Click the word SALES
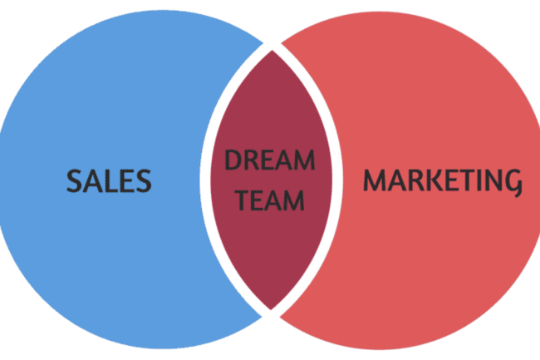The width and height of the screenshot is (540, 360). point(109,180)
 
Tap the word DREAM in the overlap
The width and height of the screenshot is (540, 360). point(270,160)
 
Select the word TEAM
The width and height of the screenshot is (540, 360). point(271,200)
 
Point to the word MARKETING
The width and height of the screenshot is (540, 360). point(443,181)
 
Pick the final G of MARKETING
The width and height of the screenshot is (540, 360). point(513,183)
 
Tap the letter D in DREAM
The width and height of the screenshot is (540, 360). point(233,160)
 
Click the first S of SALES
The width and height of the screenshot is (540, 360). point(74,180)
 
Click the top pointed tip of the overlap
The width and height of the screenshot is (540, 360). point(272,50)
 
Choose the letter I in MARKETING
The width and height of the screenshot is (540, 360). point(482,180)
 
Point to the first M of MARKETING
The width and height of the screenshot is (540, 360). point(375,180)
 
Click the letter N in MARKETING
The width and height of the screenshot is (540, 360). point(494,180)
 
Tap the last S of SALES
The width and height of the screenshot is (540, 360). point(143,180)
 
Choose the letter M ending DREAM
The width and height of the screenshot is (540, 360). point(304,160)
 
